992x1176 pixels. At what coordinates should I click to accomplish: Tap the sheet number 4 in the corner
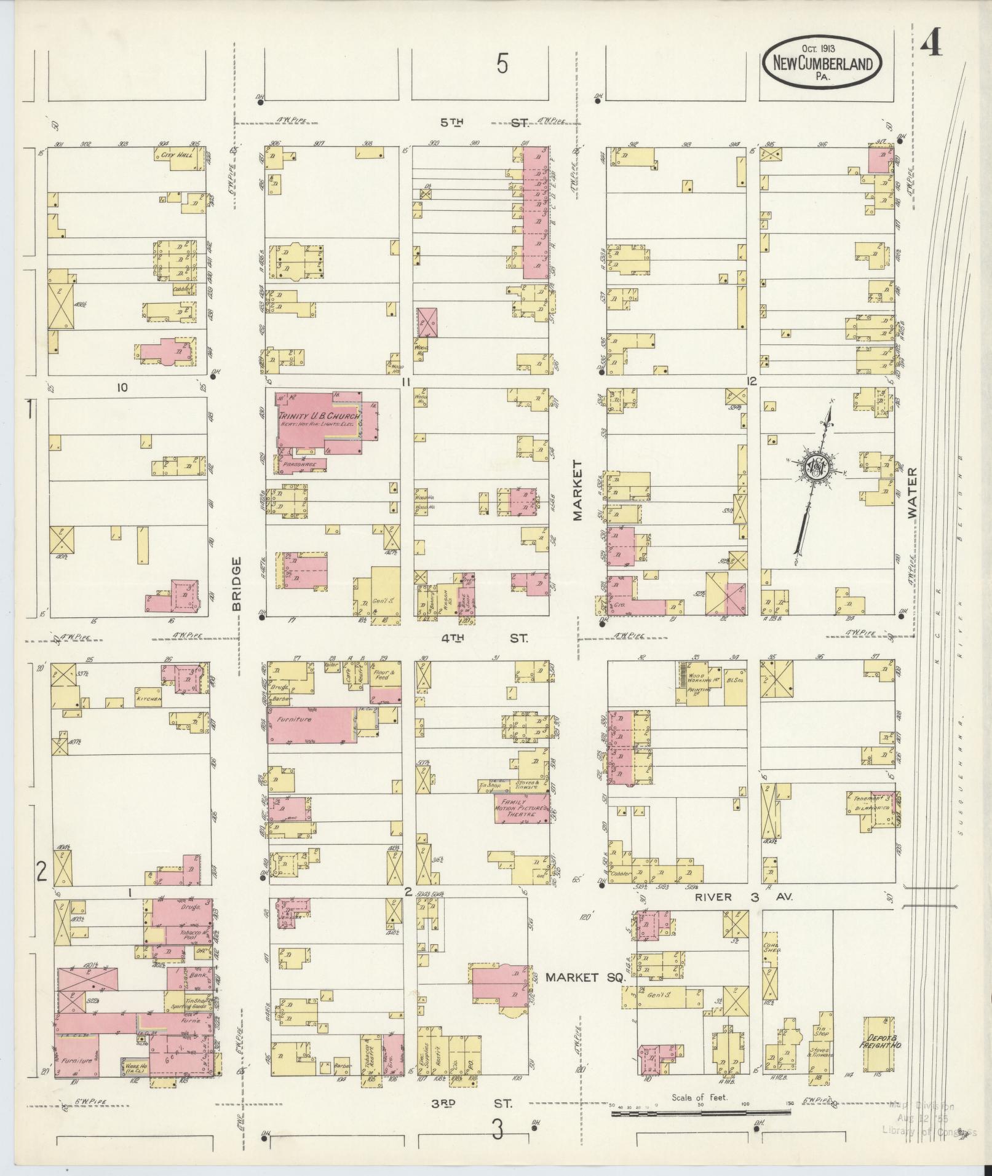[931, 43]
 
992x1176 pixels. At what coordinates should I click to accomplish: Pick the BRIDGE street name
[237, 583]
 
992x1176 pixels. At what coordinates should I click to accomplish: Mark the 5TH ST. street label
[484, 122]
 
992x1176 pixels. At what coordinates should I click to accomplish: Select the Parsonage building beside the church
[300, 465]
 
